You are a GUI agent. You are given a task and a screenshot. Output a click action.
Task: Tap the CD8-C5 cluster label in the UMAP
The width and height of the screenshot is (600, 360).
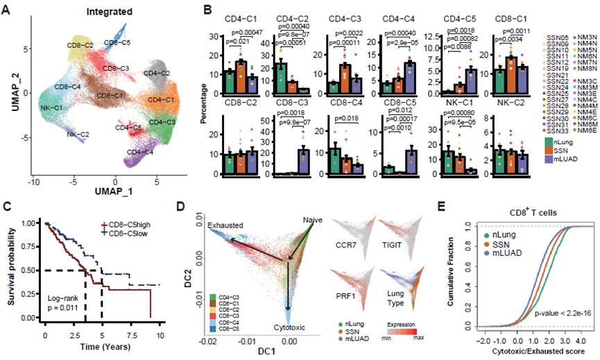(116, 43)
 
